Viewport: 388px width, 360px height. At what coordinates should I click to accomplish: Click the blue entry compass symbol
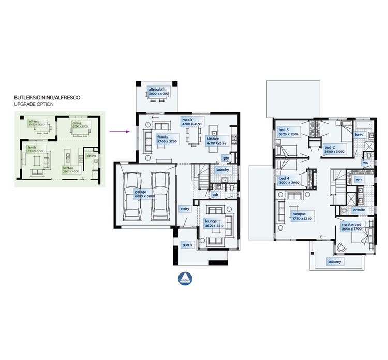pyautogui.click(x=185, y=278)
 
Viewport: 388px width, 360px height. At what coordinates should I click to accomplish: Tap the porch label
pyautogui.click(x=186, y=244)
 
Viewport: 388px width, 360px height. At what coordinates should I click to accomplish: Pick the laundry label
pyautogui.click(x=222, y=169)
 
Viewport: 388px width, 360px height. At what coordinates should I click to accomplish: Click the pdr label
pyautogui.click(x=215, y=195)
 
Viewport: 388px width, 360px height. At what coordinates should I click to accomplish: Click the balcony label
pyautogui.click(x=335, y=262)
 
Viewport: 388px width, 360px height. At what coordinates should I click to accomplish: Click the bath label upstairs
pyautogui.click(x=359, y=135)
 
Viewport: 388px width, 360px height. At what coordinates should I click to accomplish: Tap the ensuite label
pyautogui.click(x=359, y=210)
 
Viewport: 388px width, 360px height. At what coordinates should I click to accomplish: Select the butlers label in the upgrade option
pyautogui.click(x=91, y=155)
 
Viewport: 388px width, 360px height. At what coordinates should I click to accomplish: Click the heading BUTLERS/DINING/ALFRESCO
pyautogui.click(x=47, y=97)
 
